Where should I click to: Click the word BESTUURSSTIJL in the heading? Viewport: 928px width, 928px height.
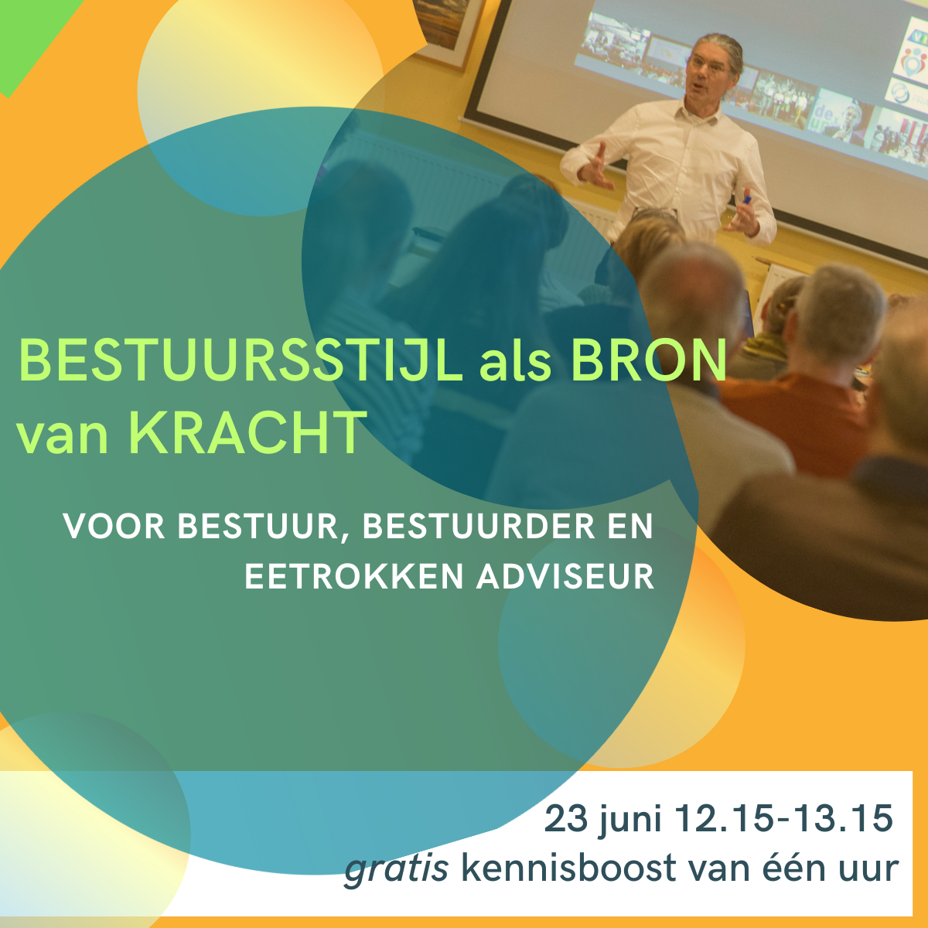[240, 361]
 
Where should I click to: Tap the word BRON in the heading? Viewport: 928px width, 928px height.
[649, 360]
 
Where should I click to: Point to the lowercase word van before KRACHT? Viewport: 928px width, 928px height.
[63, 437]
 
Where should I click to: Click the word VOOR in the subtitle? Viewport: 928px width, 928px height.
[114, 527]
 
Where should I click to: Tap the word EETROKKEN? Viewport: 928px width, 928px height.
[354, 577]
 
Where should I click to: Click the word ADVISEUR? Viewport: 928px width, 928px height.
[565, 577]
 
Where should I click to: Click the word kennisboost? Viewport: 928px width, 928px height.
[569, 868]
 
